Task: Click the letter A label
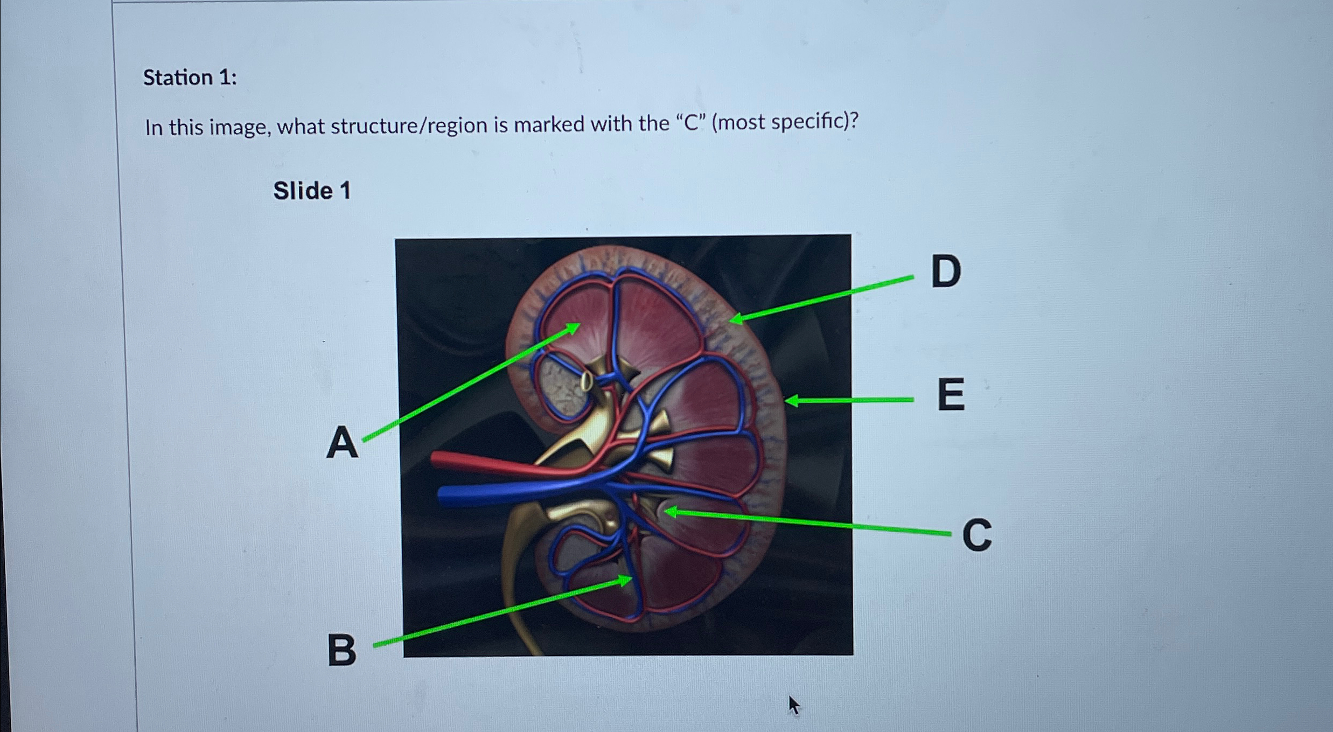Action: [x=342, y=443]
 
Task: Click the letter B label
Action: [x=341, y=650]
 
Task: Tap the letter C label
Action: [x=976, y=535]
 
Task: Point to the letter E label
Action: [x=951, y=395]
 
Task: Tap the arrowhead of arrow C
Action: [x=669, y=512]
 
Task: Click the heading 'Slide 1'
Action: [x=312, y=191]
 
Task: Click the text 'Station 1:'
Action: [x=190, y=78]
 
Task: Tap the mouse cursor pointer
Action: [x=793, y=705]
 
